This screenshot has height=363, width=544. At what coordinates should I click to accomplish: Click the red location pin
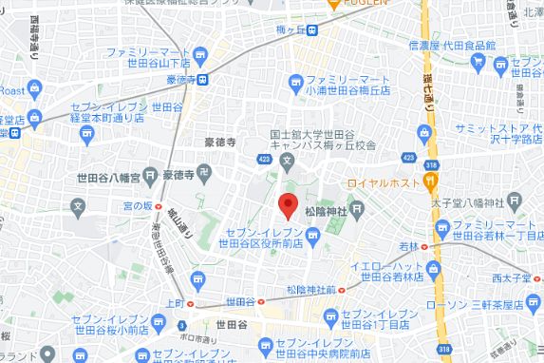coord(288,204)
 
